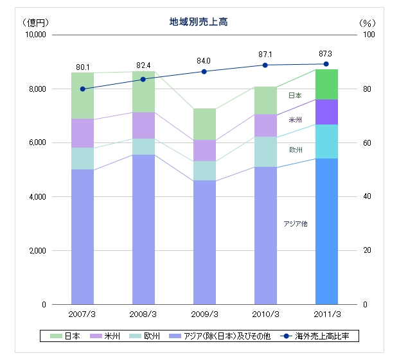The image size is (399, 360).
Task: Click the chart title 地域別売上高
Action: coord(199,22)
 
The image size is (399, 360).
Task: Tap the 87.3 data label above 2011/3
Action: coord(326,54)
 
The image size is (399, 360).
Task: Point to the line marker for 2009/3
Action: coord(204,71)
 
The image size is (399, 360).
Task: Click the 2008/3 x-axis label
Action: coord(143,314)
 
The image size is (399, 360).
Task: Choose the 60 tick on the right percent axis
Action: coord(368,142)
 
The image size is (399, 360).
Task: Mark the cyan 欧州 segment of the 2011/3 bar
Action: coord(326,141)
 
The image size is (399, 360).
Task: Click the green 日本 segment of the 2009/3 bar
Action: coord(204,124)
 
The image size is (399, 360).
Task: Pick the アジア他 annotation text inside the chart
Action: coord(296,223)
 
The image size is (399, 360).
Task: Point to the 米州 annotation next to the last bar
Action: coord(296,119)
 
